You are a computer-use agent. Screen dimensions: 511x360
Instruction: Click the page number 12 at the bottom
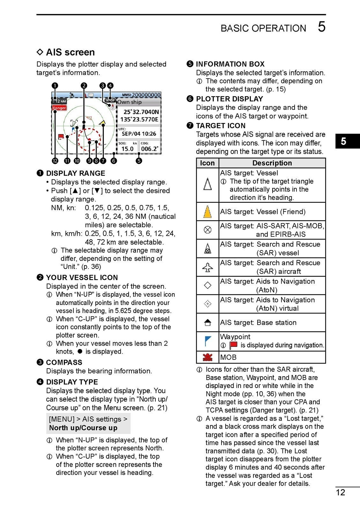point(341,492)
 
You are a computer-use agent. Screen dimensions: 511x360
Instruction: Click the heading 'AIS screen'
point(70,52)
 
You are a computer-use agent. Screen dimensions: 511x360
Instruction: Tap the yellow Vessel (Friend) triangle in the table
point(207,212)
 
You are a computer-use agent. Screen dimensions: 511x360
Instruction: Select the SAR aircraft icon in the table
point(207,267)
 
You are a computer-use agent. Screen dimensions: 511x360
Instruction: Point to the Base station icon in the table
point(207,323)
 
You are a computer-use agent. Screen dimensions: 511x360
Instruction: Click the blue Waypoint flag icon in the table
point(207,341)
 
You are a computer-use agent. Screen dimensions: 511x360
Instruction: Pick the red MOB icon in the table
point(207,357)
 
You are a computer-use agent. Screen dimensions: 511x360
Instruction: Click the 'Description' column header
point(272,163)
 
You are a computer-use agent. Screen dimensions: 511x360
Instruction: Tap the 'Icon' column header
point(207,163)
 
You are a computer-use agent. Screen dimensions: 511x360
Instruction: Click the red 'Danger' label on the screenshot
point(59,108)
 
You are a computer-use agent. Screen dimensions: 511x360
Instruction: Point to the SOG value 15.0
point(127,149)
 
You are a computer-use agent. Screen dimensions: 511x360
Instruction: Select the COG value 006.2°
point(149,149)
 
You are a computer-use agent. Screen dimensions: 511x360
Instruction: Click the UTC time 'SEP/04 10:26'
point(139,134)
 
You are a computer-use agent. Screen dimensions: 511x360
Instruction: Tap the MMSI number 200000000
point(146,95)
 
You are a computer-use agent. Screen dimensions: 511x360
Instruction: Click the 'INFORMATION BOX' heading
point(230,64)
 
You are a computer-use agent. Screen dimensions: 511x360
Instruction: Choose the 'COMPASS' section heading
point(64,362)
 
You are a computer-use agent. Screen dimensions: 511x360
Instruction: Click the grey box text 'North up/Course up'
point(83,428)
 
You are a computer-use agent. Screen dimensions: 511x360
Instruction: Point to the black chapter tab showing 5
point(343,141)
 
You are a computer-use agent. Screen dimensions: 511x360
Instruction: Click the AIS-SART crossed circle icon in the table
point(207,230)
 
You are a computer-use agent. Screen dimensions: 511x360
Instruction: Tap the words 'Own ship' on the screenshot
point(129,102)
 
